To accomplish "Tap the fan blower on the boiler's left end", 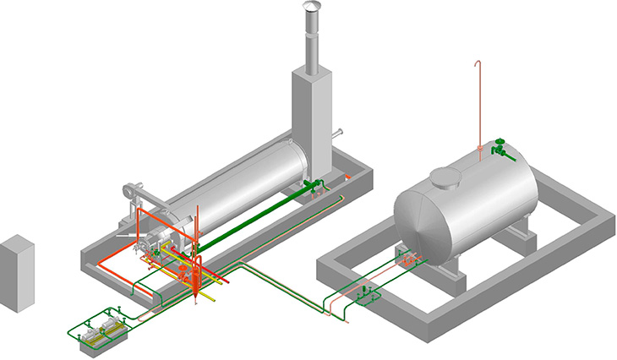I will coord(131,192).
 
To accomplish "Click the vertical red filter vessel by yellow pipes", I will coord(195,275).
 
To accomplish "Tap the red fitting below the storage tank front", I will coord(410,262).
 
